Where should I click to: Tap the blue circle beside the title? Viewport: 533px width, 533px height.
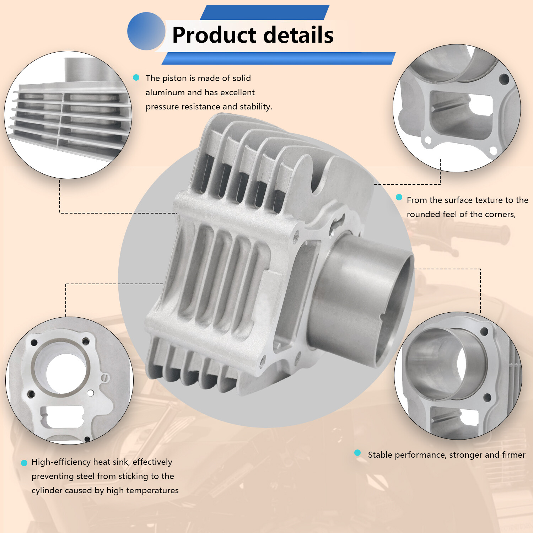click(x=146, y=31)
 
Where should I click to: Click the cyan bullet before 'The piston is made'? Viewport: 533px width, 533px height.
click(x=136, y=77)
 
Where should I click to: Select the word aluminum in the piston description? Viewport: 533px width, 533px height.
click(x=165, y=92)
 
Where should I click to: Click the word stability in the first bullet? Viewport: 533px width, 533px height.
click(x=256, y=107)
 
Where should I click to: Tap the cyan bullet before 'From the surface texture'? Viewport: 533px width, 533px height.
click(x=399, y=197)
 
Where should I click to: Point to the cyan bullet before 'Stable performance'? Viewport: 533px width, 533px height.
click(x=357, y=453)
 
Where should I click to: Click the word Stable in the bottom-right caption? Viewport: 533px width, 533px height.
click(x=380, y=455)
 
